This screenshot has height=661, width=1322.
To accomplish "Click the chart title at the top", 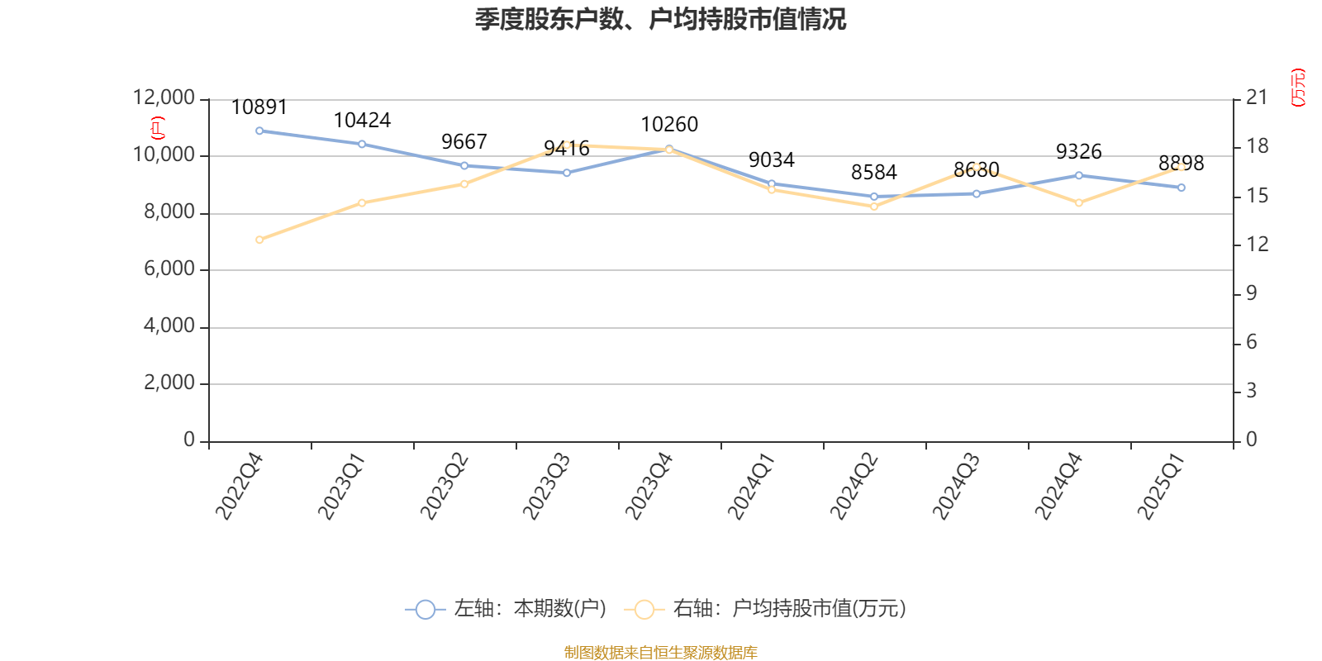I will pyautogui.click(x=660, y=19).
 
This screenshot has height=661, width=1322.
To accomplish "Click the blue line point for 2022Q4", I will pyautogui.click(x=259, y=131).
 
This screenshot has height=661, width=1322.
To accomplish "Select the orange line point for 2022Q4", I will pyautogui.click(x=259, y=240).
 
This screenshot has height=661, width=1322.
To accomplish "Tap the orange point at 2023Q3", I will pyautogui.click(x=567, y=145).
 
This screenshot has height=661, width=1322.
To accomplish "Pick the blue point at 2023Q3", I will pyautogui.click(x=567, y=173).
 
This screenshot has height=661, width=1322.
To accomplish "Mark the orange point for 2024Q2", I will pyautogui.click(x=874, y=207).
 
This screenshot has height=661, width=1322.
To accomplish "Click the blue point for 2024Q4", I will pyautogui.click(x=1079, y=175).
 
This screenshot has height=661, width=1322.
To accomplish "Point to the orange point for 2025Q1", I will pyautogui.click(x=1182, y=167).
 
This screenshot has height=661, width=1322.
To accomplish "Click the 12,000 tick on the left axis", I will pyautogui.click(x=164, y=98).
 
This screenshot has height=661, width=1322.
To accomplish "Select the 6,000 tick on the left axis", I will pyautogui.click(x=169, y=269).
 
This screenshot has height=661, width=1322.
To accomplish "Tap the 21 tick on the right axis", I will pyautogui.click(x=1257, y=97).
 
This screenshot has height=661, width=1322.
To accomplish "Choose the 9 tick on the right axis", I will pyautogui.click(x=1252, y=293).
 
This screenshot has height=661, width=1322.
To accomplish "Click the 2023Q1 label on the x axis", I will pyautogui.click(x=340, y=487).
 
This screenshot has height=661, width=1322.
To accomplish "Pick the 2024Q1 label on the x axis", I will pyautogui.click(x=750, y=487).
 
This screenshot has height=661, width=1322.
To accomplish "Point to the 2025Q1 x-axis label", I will pyautogui.click(x=1160, y=487).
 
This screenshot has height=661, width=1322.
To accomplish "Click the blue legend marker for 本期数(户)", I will pyautogui.click(x=425, y=610).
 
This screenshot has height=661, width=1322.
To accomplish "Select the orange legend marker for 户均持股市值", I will pyautogui.click(x=644, y=610).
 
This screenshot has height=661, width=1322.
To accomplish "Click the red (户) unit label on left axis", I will pyautogui.click(x=157, y=128).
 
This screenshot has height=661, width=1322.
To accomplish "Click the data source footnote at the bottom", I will pyautogui.click(x=660, y=653).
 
